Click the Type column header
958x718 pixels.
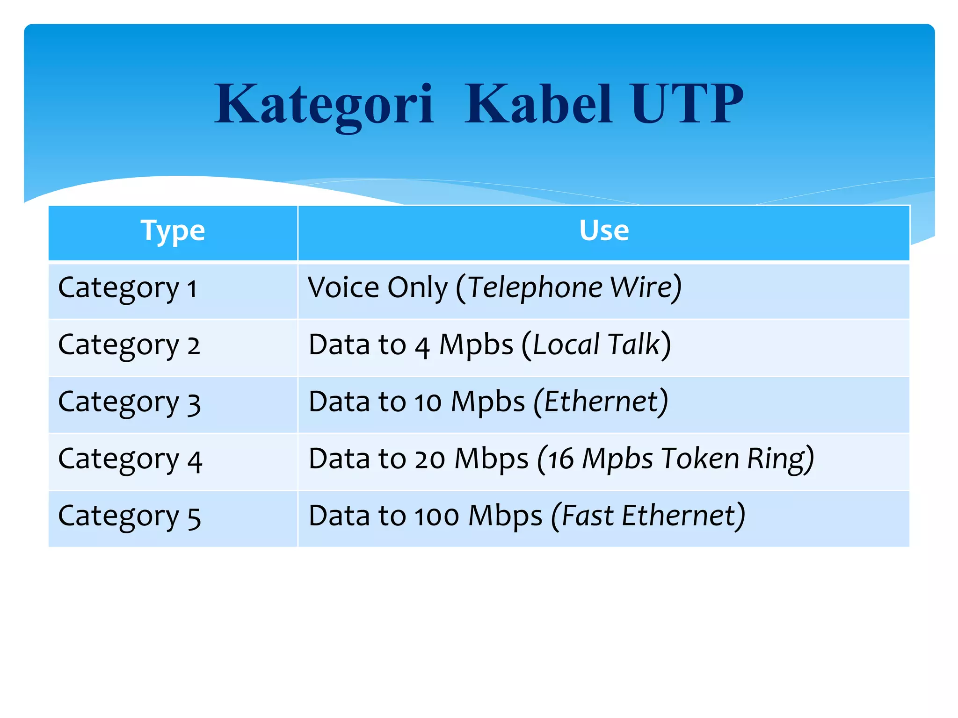tap(173, 230)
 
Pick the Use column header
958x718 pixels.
tap(603, 230)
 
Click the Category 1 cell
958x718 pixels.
tap(127, 288)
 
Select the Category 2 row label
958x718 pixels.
tap(129, 345)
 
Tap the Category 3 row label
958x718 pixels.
tap(129, 402)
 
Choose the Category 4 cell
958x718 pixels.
tap(130, 460)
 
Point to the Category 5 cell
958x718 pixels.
tap(129, 517)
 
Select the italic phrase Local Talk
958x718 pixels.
tap(596, 345)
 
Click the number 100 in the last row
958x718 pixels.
tap(436, 517)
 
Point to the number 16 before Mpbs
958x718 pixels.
tap(560, 460)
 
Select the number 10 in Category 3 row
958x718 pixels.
tap(428, 402)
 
